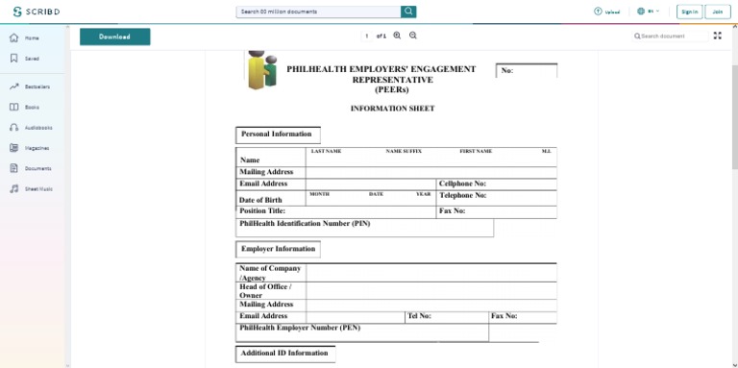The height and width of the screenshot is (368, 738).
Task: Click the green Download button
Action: (114, 37)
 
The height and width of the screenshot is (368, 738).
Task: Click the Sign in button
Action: (689, 12)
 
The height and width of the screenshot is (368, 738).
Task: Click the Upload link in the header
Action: (606, 12)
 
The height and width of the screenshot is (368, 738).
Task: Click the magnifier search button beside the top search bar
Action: (408, 12)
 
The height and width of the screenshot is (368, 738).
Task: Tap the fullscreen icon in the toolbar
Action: (717, 36)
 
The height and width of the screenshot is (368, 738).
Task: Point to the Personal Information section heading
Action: (277, 135)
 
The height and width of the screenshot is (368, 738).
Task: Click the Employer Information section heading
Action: (278, 249)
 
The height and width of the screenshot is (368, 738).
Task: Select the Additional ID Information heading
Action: (284, 353)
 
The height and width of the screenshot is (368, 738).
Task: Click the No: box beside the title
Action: (527, 70)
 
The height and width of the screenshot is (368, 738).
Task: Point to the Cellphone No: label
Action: (462, 184)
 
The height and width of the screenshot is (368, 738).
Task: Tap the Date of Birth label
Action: (260, 200)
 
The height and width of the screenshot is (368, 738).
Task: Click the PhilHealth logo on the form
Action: (261, 69)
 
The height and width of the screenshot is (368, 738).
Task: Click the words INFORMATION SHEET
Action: (392, 109)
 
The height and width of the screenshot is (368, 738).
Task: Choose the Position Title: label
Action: (262, 210)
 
